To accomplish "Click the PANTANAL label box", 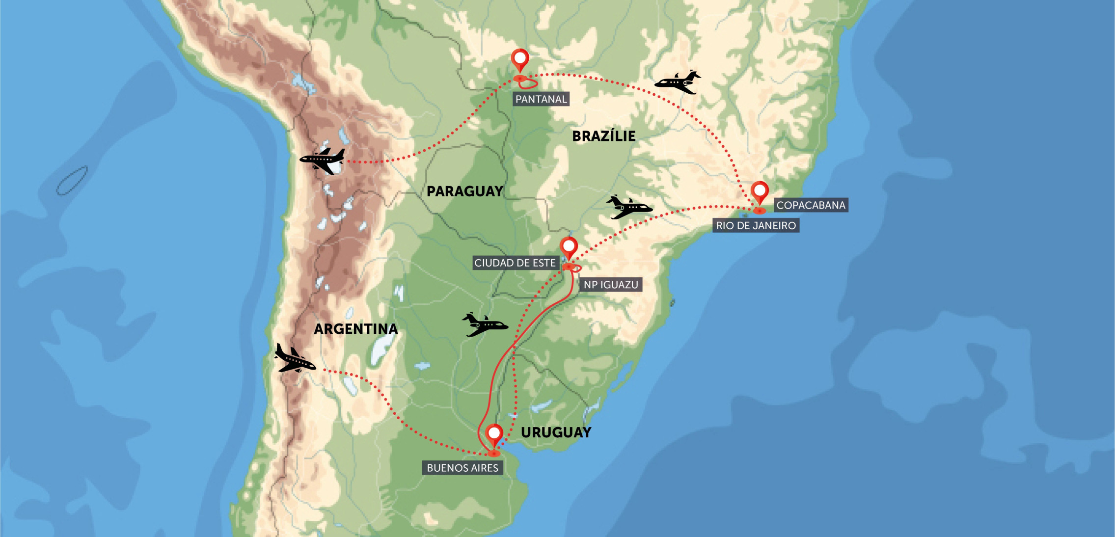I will click(x=541, y=99).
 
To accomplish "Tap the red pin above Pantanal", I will click(x=520, y=59).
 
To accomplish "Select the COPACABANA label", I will click(x=811, y=205).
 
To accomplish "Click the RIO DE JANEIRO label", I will click(x=756, y=226).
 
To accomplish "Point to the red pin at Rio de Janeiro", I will click(x=760, y=192).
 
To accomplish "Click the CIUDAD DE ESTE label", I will click(x=515, y=263).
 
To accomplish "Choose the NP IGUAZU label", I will click(x=610, y=285).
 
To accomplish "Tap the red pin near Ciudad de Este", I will click(x=569, y=247).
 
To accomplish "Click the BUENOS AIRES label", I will click(x=462, y=468).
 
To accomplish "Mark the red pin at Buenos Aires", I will click(x=494, y=434).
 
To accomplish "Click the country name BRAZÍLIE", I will click(x=603, y=136).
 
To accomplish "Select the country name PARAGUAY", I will click(x=464, y=191).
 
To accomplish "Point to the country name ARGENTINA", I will click(x=355, y=329).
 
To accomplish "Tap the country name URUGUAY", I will click(x=556, y=432).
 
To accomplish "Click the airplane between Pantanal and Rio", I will click(x=678, y=82).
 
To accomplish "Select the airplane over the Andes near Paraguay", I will click(x=323, y=160).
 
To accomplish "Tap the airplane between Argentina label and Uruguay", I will click(x=484, y=325).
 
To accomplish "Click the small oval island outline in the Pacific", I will click(x=72, y=181).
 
